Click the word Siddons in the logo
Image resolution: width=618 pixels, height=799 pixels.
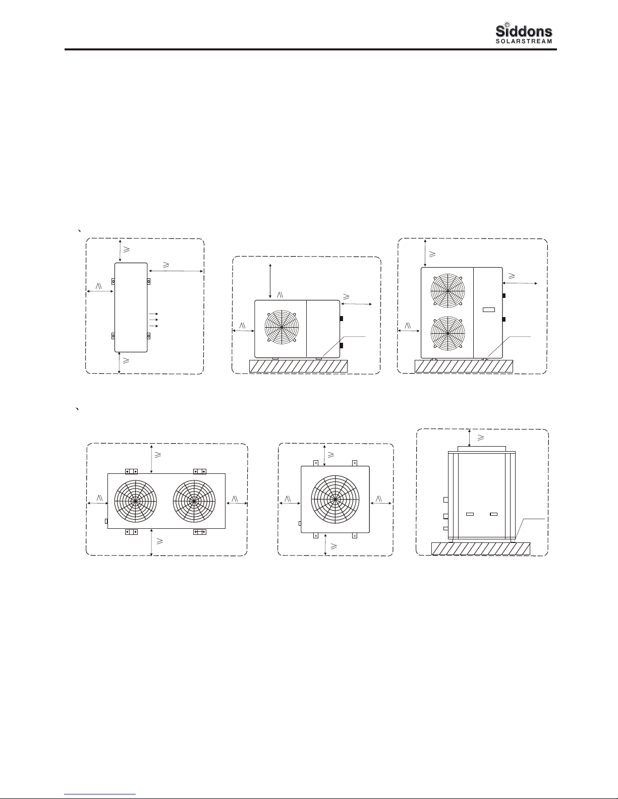click(x=524, y=31)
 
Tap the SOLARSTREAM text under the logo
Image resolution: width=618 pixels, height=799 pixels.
click(x=524, y=41)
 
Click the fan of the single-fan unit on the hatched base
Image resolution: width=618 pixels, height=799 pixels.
click(x=282, y=327)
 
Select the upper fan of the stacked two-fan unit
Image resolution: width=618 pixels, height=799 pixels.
click(x=447, y=290)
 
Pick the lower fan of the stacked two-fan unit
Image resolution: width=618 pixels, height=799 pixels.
click(x=447, y=333)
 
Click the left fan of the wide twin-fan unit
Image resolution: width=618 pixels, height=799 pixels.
click(x=135, y=501)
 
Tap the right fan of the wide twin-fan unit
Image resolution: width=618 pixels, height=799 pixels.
click(x=194, y=501)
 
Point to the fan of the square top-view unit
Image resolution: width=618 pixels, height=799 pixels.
click(x=335, y=500)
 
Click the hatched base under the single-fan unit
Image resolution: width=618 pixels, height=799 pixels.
click(x=298, y=366)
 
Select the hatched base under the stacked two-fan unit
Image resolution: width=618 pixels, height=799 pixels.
click(x=464, y=366)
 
